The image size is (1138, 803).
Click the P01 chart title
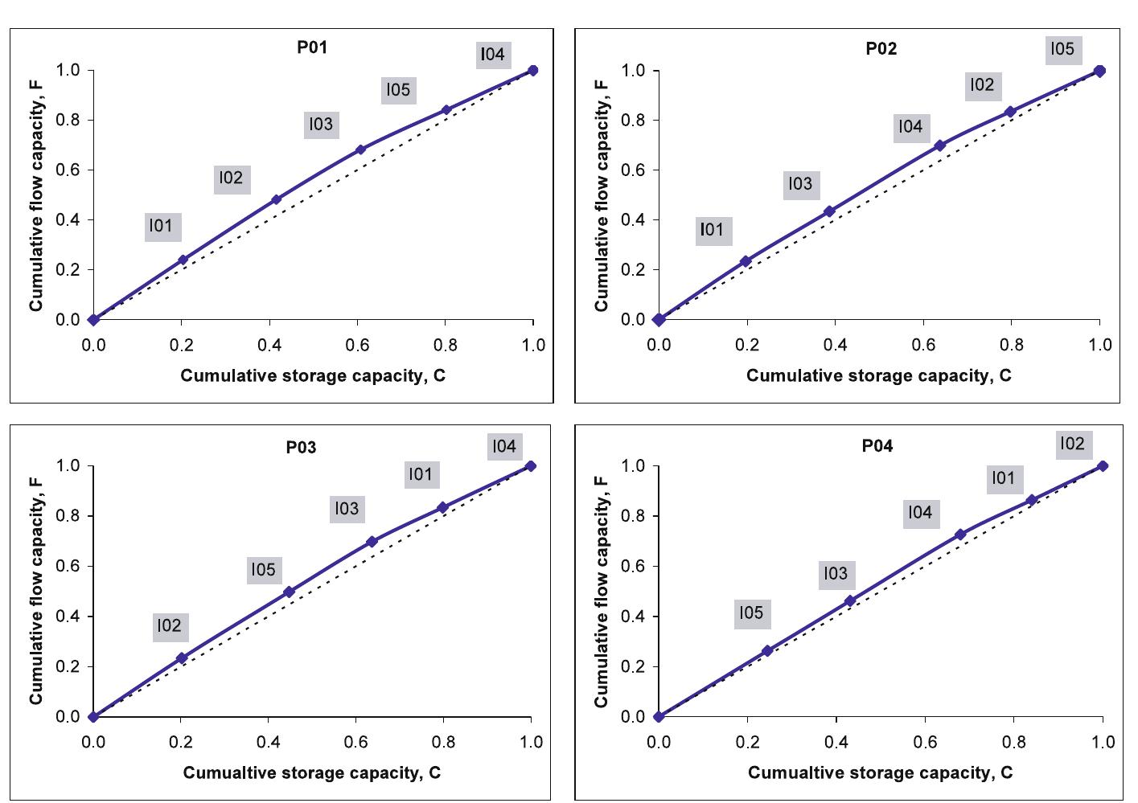click(312, 47)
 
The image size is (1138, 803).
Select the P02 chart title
click(881, 49)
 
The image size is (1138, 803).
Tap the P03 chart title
click(302, 448)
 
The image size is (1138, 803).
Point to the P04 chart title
click(877, 446)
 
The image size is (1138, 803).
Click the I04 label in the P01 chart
click(492, 55)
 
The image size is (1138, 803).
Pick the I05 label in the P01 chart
click(398, 90)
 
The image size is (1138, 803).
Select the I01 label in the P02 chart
click(712, 230)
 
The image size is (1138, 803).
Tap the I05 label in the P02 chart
click(1062, 49)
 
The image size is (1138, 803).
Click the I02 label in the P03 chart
click(169, 626)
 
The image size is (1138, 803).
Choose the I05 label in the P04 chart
click(750, 613)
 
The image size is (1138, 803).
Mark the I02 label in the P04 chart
click(1071, 444)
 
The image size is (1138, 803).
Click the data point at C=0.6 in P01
click(360, 150)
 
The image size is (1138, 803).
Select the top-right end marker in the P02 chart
click(1099, 71)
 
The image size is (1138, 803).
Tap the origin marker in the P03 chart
click(93, 716)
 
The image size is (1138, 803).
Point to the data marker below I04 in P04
click(959, 535)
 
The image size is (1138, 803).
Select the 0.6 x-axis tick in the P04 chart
click(925, 742)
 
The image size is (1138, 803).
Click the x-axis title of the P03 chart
click(312, 773)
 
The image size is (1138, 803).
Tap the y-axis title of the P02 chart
click(602, 195)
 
